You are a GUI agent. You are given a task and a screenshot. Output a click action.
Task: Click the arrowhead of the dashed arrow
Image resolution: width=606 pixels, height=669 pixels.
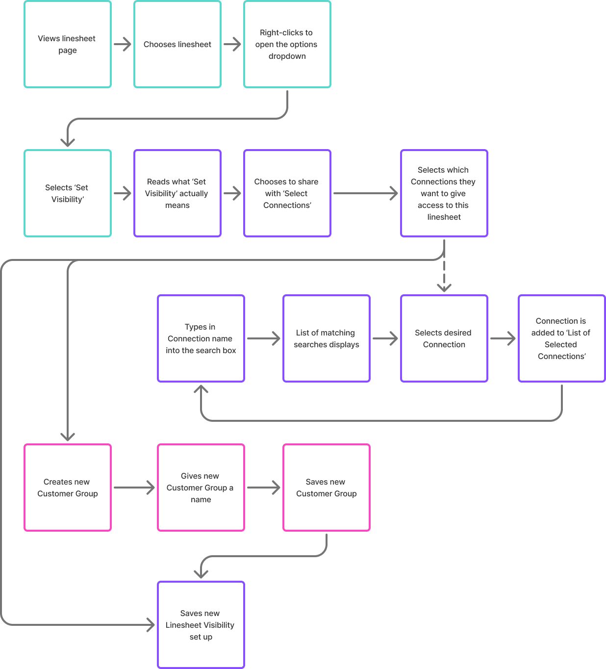(x=444, y=288)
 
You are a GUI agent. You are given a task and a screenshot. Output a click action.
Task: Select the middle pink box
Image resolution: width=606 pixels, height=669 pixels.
(x=201, y=488)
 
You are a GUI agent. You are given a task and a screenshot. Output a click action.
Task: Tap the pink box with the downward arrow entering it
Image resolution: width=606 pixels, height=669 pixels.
(x=68, y=488)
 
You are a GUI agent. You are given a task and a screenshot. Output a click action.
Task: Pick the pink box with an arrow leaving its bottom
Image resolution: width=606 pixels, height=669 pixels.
(x=327, y=488)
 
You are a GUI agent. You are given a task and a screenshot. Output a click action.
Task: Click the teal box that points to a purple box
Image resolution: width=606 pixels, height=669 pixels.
(x=68, y=193)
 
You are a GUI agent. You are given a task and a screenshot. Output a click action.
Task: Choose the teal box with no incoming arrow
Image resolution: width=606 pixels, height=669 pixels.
(x=68, y=44)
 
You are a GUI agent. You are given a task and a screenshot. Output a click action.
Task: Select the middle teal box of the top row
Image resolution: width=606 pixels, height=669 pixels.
(x=177, y=44)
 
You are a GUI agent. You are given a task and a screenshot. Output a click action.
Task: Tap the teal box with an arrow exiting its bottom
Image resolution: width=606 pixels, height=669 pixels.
(x=287, y=44)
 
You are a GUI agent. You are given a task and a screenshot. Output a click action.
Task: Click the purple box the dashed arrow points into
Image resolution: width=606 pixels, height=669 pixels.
(x=444, y=338)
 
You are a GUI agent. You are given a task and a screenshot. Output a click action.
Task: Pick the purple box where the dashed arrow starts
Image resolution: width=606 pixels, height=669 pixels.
(x=444, y=193)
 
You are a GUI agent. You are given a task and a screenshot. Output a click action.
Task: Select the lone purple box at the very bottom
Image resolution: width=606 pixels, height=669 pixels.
(x=201, y=625)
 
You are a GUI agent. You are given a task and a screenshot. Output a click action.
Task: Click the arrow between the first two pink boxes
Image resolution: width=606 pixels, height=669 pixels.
(x=134, y=488)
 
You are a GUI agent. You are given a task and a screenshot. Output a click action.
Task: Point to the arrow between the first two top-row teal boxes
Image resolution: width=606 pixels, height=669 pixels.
(x=123, y=45)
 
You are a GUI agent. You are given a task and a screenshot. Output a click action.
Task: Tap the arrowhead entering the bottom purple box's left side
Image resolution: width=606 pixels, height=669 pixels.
(x=151, y=625)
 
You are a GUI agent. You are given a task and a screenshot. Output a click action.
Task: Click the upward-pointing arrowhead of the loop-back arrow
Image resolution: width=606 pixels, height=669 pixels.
(x=201, y=389)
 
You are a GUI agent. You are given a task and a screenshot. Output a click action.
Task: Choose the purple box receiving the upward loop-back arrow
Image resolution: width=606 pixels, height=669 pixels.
(x=201, y=338)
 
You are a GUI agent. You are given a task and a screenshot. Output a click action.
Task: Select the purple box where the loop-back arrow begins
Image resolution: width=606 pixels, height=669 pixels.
(x=562, y=338)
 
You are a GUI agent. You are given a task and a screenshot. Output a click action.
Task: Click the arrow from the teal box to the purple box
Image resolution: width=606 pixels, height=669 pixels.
(x=123, y=193)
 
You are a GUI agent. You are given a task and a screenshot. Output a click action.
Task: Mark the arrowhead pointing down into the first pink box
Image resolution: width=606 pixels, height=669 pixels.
(x=68, y=437)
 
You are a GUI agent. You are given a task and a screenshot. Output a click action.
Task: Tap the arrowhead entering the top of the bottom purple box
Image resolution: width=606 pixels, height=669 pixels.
(x=201, y=574)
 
